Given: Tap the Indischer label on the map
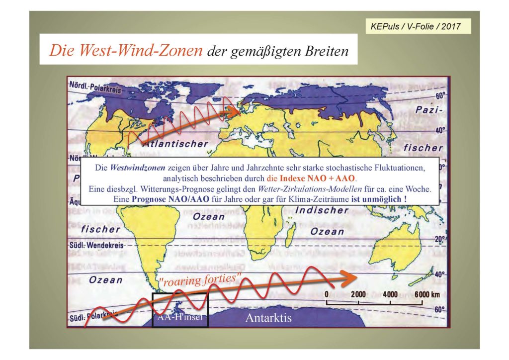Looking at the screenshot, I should (x=322, y=210).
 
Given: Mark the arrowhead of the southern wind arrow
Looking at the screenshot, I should (x=350, y=276).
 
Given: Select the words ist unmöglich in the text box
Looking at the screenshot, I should (x=380, y=199).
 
